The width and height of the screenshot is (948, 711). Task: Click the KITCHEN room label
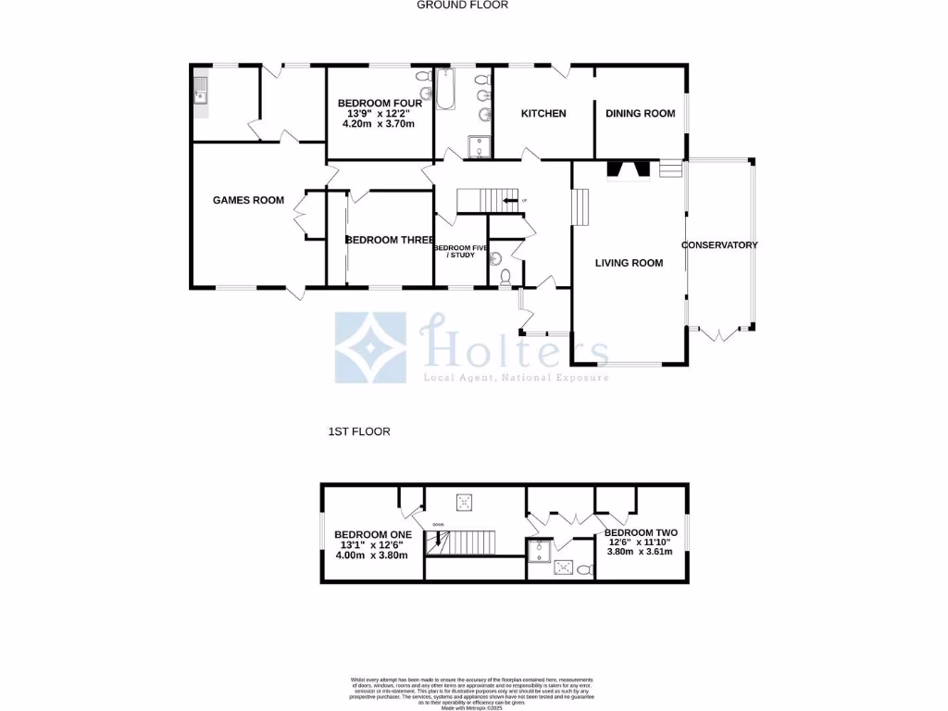(543, 114)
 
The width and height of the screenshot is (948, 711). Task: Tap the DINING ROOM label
(640, 114)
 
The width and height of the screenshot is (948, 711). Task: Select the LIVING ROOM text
(629, 263)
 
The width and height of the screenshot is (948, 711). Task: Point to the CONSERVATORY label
(719, 245)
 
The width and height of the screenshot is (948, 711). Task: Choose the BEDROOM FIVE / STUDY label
(455, 251)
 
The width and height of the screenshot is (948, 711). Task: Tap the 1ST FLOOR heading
(359, 431)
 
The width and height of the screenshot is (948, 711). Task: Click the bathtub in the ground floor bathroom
(446, 89)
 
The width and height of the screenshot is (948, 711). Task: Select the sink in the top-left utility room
(200, 91)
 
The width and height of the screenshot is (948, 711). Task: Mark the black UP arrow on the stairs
(508, 200)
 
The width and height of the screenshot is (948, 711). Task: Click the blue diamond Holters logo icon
(370, 348)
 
